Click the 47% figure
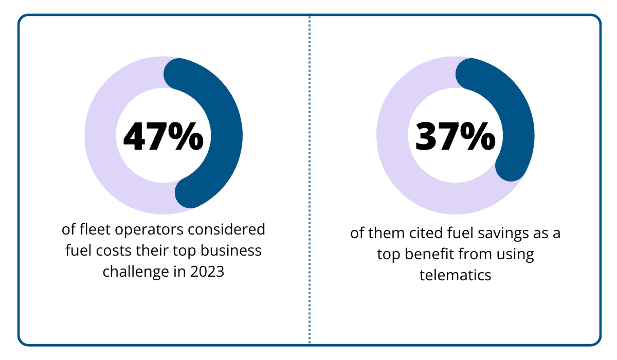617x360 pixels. point(163,136)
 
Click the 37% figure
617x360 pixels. point(455,136)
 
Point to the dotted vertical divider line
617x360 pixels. point(310,180)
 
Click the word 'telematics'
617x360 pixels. point(455,275)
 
